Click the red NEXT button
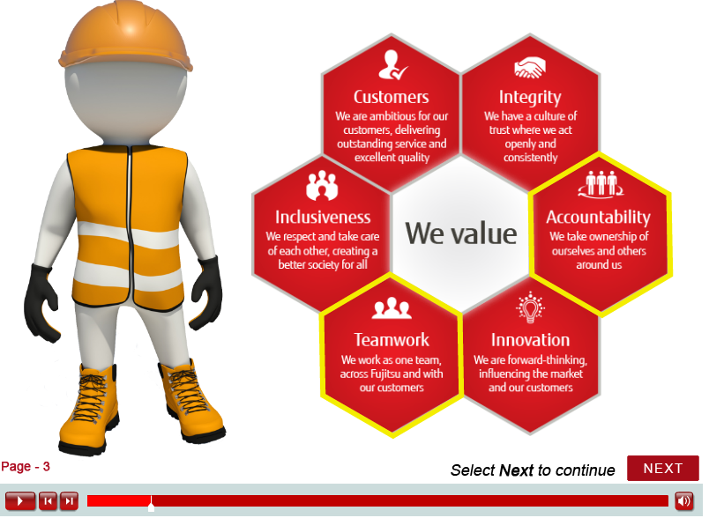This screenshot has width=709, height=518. pyautogui.click(x=662, y=468)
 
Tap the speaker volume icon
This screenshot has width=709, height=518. pyautogui.click(x=683, y=501)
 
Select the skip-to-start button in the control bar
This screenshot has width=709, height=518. pyautogui.click(x=48, y=501)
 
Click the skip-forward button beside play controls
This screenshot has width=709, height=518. pyautogui.click(x=69, y=501)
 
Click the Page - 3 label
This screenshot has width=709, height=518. pyautogui.click(x=26, y=467)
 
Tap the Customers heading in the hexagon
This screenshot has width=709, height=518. pyautogui.click(x=392, y=97)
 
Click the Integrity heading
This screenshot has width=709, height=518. pyautogui.click(x=530, y=98)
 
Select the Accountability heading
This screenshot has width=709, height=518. pyautogui.click(x=598, y=218)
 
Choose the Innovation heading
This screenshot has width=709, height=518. pyautogui.click(x=530, y=340)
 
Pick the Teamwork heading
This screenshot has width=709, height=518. pyautogui.click(x=392, y=340)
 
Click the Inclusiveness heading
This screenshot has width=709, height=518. pyautogui.click(x=323, y=218)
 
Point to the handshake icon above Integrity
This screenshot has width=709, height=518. pyautogui.click(x=529, y=67)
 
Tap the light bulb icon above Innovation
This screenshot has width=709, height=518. pyautogui.click(x=530, y=308)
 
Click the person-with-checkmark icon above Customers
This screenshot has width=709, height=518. pyautogui.click(x=392, y=64)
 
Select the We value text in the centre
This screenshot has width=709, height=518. pyautogui.click(x=460, y=233)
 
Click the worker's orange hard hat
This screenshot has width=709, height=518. pyautogui.click(x=126, y=37)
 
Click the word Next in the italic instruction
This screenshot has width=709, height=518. pyautogui.click(x=517, y=470)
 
